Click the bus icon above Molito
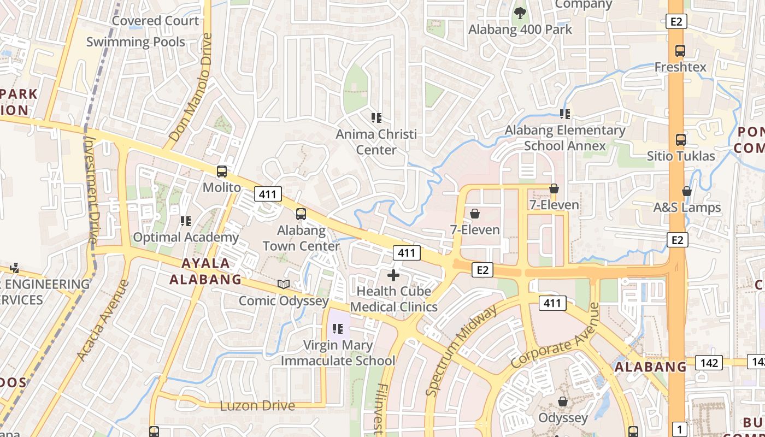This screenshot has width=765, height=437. (x=221, y=172)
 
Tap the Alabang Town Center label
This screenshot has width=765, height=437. (x=301, y=238)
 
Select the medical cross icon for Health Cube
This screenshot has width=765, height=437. (x=393, y=275)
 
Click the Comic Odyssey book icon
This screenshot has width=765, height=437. (x=283, y=284)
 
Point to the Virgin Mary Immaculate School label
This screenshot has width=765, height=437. (x=338, y=353)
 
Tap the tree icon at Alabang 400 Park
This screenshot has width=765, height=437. (x=520, y=13)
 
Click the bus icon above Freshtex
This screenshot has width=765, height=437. (x=680, y=51)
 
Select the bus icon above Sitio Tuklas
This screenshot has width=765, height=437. (x=680, y=139)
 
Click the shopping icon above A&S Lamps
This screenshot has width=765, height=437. (x=687, y=191)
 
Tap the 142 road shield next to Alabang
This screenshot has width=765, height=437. (x=709, y=362)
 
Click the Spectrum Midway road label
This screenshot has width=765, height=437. (x=462, y=350)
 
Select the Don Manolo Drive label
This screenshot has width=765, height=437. (x=190, y=87)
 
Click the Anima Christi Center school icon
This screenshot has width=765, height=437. (x=376, y=117)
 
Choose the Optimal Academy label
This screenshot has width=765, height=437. (x=186, y=237)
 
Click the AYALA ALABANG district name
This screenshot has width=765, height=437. (x=205, y=271)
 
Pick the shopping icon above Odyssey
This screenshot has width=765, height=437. (x=563, y=402)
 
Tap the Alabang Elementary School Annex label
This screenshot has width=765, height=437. (x=565, y=138)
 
